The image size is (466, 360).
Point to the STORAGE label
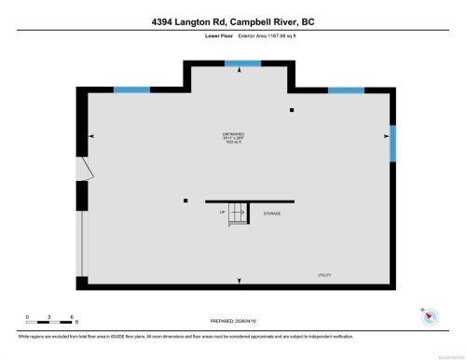(271, 214)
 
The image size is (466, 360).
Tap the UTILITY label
(323, 275)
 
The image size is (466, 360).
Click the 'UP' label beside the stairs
(223, 213)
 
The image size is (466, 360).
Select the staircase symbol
(239, 214)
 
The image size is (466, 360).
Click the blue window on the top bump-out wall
(242, 63)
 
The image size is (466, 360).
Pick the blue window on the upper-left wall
(131, 90)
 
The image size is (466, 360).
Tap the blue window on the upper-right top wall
(346, 90)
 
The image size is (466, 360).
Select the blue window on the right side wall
(392, 143)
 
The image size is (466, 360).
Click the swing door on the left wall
(85, 168)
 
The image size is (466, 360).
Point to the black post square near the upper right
(292, 111)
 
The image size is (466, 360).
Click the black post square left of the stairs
(185, 201)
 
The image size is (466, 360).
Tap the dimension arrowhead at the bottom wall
(241, 280)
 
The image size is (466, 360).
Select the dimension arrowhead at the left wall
(90, 137)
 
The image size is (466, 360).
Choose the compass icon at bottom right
(430, 316)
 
